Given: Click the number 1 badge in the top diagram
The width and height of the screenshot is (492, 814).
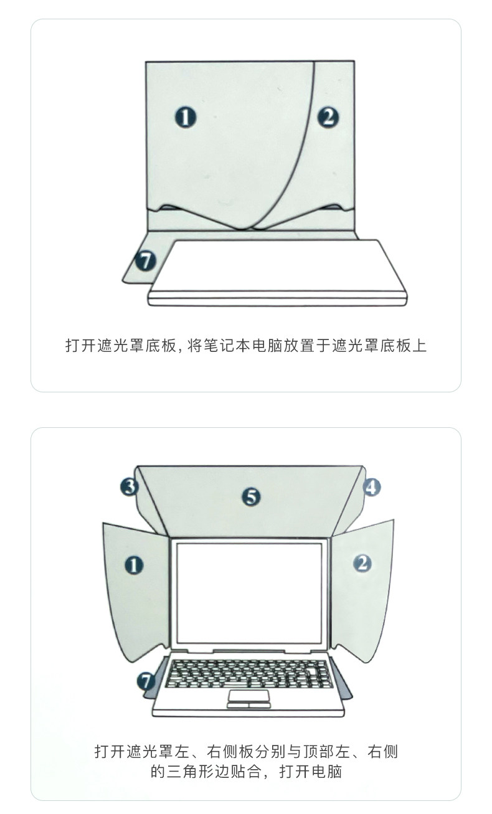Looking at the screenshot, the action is (x=185, y=117).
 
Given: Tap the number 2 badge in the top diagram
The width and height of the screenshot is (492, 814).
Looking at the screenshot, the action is (x=328, y=116).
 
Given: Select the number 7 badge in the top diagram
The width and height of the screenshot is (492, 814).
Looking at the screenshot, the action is (x=146, y=261).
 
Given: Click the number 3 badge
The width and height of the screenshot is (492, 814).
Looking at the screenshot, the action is (x=129, y=486).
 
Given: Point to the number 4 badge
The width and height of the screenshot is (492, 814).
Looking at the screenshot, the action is (x=371, y=486).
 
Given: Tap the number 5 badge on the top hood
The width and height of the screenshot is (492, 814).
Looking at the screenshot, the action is (x=250, y=496).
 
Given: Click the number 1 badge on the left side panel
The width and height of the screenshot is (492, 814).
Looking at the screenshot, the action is (x=134, y=565).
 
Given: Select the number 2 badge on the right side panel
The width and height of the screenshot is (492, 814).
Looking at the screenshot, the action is (x=362, y=564).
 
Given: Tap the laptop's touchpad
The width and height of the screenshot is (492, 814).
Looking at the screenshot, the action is (x=248, y=695).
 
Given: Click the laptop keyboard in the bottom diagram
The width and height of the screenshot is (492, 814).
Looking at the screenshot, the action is (x=249, y=673).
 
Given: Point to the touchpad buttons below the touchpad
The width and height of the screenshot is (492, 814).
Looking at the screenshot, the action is (x=248, y=705).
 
